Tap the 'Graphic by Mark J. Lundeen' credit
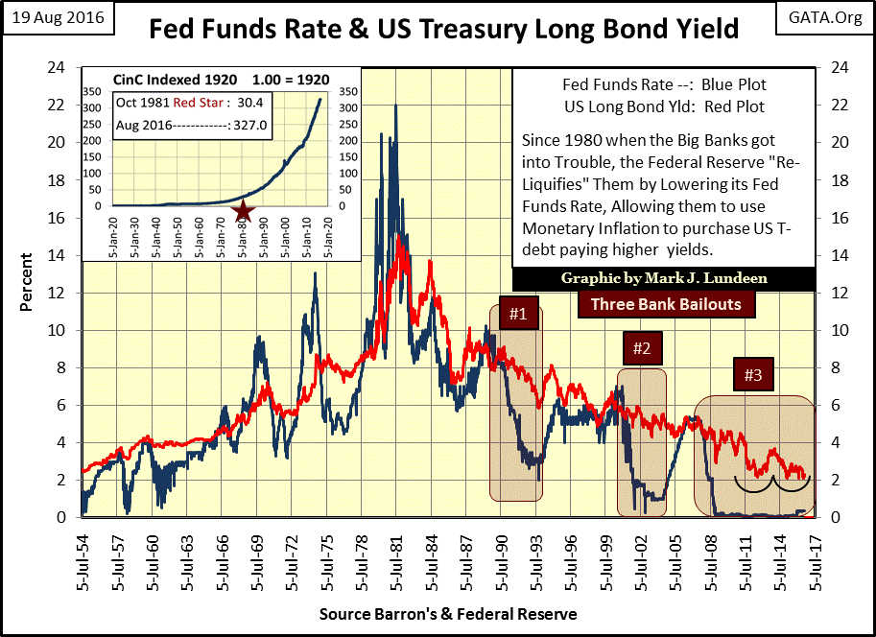coord(665,279)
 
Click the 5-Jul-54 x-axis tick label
coord(85,555)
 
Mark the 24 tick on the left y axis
coord(59,67)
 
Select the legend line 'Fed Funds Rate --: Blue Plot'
coord(664,89)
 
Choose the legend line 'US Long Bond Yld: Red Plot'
coord(664,106)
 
